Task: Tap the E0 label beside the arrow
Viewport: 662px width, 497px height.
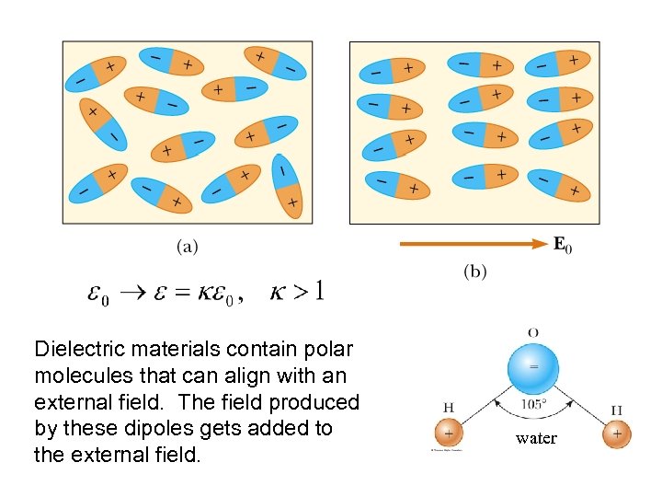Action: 563,245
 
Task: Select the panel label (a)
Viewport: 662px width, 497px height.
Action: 187,246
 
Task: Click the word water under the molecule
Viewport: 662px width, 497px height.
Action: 536,438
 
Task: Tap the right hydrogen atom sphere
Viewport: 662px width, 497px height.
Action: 617,433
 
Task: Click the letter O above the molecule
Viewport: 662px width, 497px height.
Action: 534,331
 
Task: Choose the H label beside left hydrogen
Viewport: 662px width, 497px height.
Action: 449,408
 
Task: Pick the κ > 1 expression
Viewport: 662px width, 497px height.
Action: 296,293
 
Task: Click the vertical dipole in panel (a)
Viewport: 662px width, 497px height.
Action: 288,186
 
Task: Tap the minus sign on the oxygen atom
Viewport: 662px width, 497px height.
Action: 534,364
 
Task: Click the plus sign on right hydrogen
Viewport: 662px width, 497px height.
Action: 617,433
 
